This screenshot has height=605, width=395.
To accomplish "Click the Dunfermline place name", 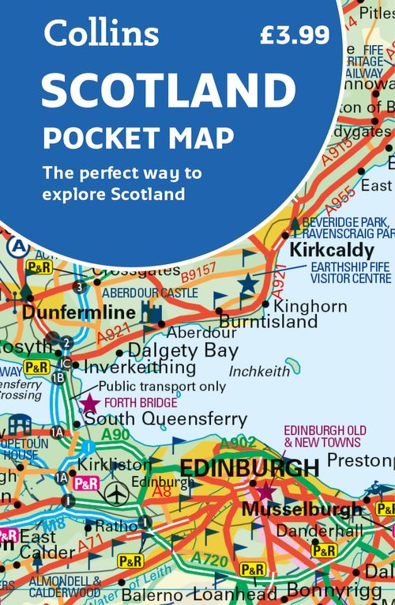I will coord(73,313).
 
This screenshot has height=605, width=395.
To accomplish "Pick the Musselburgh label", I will coord(302,509).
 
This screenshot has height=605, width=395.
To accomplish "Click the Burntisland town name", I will coord(268,322).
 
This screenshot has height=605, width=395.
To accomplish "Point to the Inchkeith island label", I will coord(258,371).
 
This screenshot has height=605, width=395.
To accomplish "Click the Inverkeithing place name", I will coord(140,368).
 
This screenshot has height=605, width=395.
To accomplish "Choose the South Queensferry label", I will coord(165,419).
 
